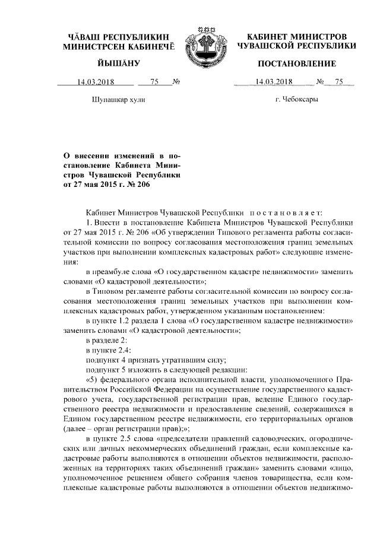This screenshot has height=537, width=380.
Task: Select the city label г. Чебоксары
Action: (297, 100)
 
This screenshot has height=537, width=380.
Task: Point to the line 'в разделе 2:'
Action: (106, 340)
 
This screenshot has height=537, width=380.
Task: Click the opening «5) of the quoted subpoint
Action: (93, 380)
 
